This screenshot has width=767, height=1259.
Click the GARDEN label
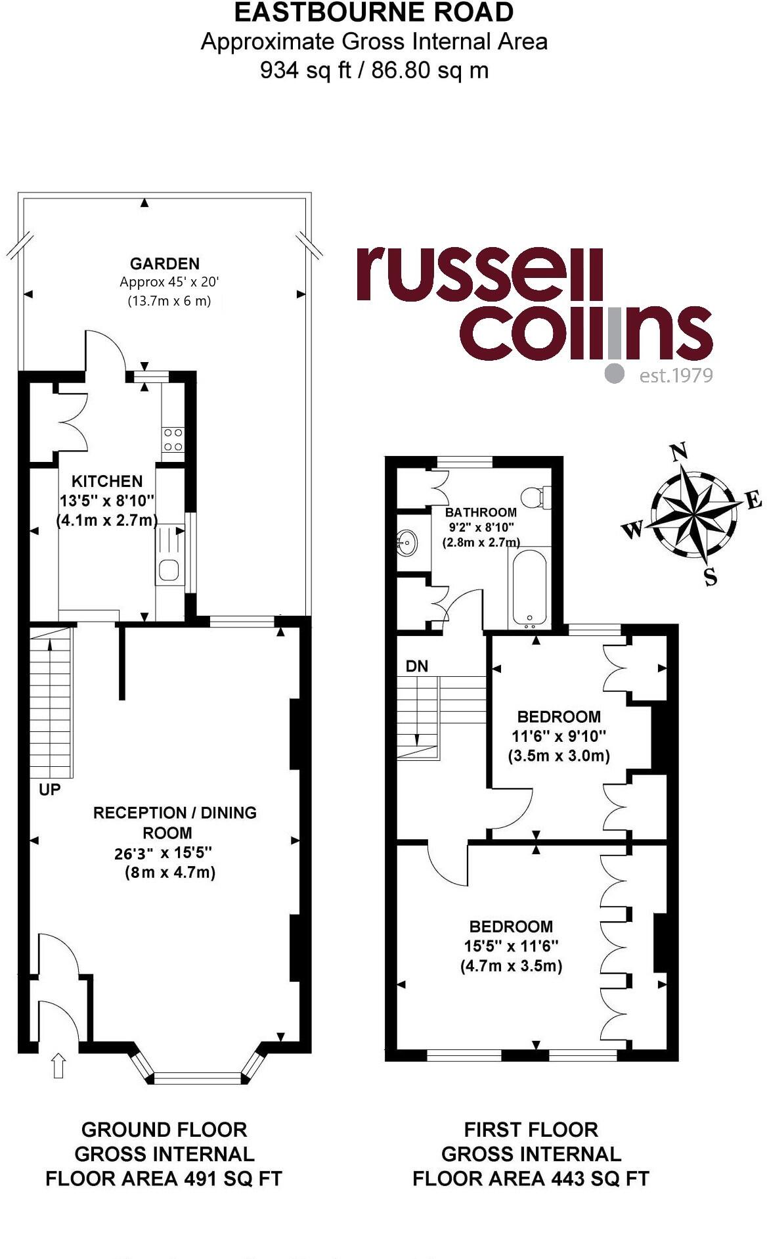pos(164,263)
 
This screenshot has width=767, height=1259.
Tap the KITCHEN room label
pos(106,481)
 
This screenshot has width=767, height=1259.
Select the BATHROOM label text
pos(481,512)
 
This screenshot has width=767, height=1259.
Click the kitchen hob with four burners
pos(173,440)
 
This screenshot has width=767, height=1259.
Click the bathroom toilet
pos(536,496)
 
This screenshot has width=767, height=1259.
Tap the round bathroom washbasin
pos(406,543)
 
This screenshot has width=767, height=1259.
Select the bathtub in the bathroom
pos(527,587)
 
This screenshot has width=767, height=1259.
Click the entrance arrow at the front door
pos(58,1065)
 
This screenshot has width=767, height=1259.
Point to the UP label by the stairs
pos(50,789)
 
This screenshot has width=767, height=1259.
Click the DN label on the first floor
pos(416,666)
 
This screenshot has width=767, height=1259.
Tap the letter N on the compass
pos(678,452)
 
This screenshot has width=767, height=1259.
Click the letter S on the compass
pos(711,578)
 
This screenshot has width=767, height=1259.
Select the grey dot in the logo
pos(615,373)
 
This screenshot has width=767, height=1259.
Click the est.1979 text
pos(676,375)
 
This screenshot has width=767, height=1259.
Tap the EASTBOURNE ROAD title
pos(374,13)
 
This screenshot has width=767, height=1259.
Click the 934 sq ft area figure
pos(305,70)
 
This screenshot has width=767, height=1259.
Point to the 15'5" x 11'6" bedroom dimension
pos(511,946)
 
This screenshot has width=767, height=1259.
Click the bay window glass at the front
pos(198,1078)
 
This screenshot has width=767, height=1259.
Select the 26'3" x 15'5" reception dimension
pos(163,853)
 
